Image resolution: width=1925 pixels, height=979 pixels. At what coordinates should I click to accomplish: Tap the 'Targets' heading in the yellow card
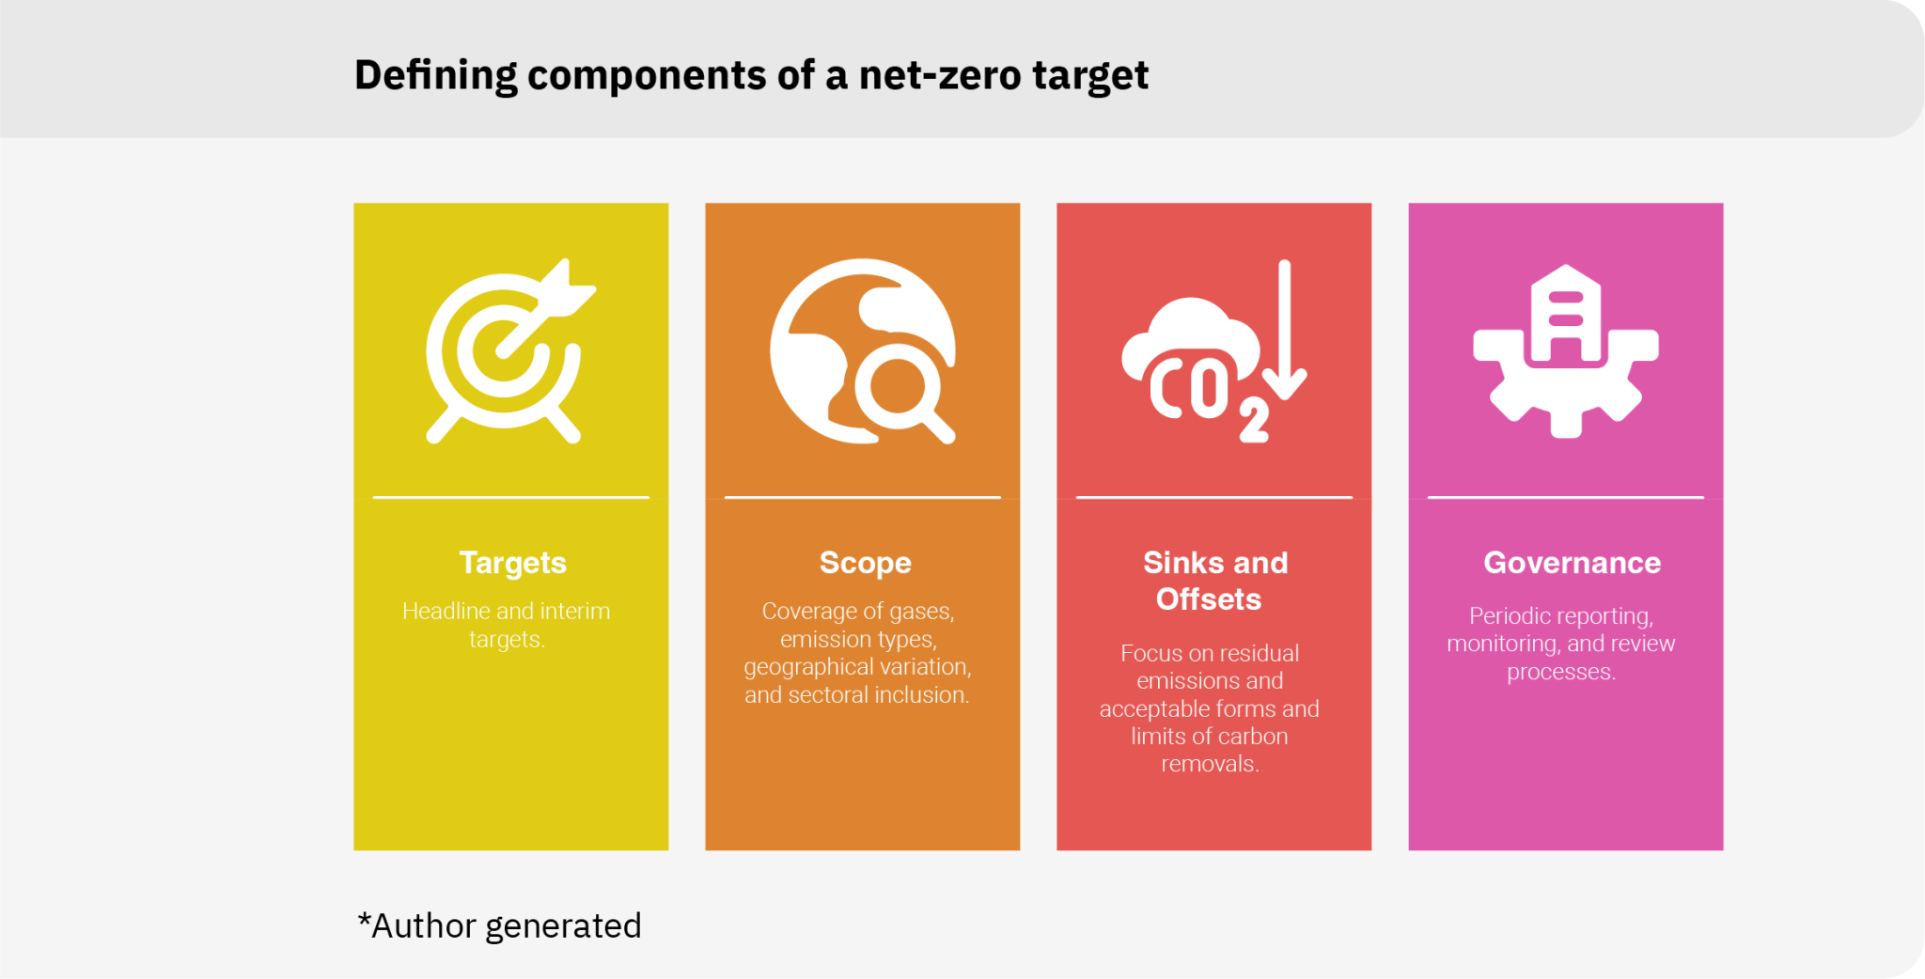pos(512,563)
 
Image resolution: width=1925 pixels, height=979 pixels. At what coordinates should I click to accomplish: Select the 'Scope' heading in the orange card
pos(865,563)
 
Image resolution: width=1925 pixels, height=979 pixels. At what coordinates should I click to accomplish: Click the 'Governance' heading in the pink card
pos(1572,563)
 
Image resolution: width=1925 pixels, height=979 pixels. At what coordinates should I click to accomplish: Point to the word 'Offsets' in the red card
pos(1209,599)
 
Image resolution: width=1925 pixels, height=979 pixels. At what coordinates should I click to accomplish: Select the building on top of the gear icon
pos(1565,315)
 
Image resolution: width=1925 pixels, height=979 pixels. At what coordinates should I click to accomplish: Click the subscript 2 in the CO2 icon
pos(1254,420)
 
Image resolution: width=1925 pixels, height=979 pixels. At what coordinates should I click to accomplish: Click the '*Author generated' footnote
pos(499,926)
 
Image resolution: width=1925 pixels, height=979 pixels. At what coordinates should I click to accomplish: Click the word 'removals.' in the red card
pos(1210,764)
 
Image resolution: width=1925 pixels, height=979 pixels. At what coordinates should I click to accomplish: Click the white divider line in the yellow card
pos(510,497)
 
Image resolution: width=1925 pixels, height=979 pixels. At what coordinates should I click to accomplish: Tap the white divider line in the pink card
pos(1565,497)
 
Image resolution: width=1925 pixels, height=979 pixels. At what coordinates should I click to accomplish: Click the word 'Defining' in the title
pos(435,75)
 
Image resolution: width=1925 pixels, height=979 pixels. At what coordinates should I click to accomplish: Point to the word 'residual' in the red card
pos(1255,653)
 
